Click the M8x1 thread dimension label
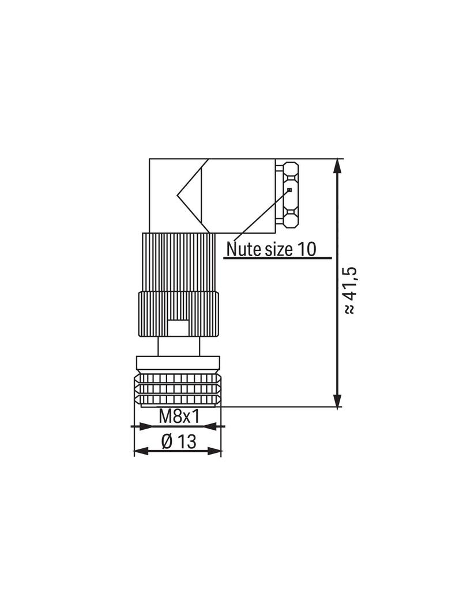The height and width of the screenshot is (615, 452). (179, 416)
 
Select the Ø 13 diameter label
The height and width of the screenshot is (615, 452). (178, 442)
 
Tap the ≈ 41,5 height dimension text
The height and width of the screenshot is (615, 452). (349, 290)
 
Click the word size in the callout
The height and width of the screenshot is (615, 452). (278, 249)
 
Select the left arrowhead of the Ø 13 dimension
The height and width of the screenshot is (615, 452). (141, 451)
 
